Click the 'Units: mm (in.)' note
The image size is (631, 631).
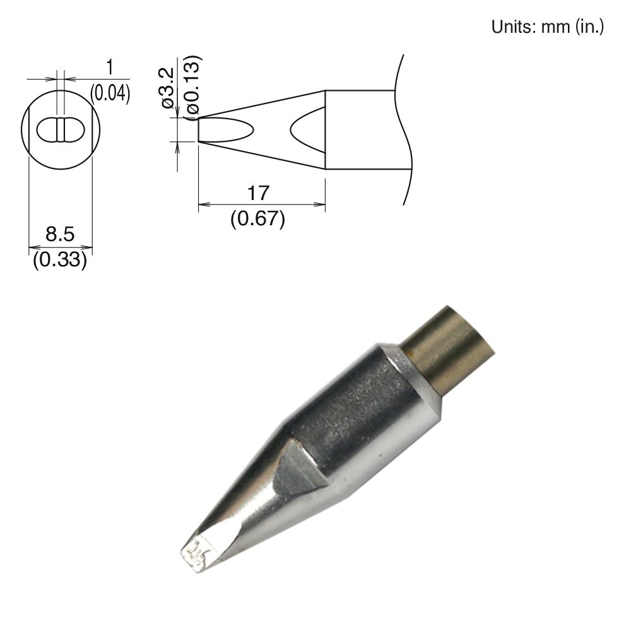pyautogui.click(x=548, y=27)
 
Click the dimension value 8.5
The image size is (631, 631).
pyautogui.click(x=60, y=235)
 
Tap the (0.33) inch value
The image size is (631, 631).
pyautogui.click(x=59, y=259)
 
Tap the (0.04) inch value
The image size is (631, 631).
pyautogui.click(x=110, y=94)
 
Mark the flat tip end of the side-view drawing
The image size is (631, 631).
pyautogui.click(x=199, y=130)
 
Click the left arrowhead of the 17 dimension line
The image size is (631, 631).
pyautogui.click(x=203, y=204)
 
